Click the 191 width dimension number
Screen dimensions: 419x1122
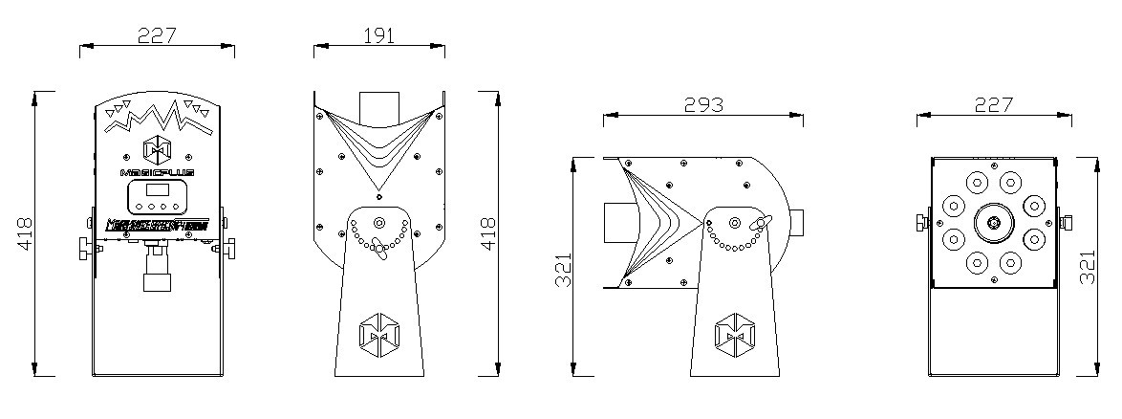pyautogui.click(x=379, y=35)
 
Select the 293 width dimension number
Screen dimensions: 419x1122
pyautogui.click(x=703, y=104)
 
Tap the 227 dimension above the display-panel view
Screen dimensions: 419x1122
pyautogui.click(x=157, y=35)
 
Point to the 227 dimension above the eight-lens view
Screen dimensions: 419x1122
pyautogui.click(x=994, y=104)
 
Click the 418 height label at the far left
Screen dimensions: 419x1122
pyautogui.click(x=26, y=233)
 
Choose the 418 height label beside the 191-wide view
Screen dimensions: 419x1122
pyautogui.click(x=488, y=233)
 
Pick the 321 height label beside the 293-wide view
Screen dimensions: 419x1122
pyautogui.click(x=564, y=273)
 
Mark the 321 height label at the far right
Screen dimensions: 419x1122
pyautogui.click(x=1087, y=273)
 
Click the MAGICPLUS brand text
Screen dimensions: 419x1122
pyautogui.click(x=157, y=172)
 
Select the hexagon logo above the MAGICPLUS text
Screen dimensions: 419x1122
pyautogui.click(x=157, y=149)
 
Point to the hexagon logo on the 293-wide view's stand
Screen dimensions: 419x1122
pyautogui.click(x=734, y=332)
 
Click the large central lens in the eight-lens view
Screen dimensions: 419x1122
pyautogui.click(x=994, y=224)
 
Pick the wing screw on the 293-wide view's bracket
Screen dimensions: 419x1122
pyautogui.click(x=761, y=227)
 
